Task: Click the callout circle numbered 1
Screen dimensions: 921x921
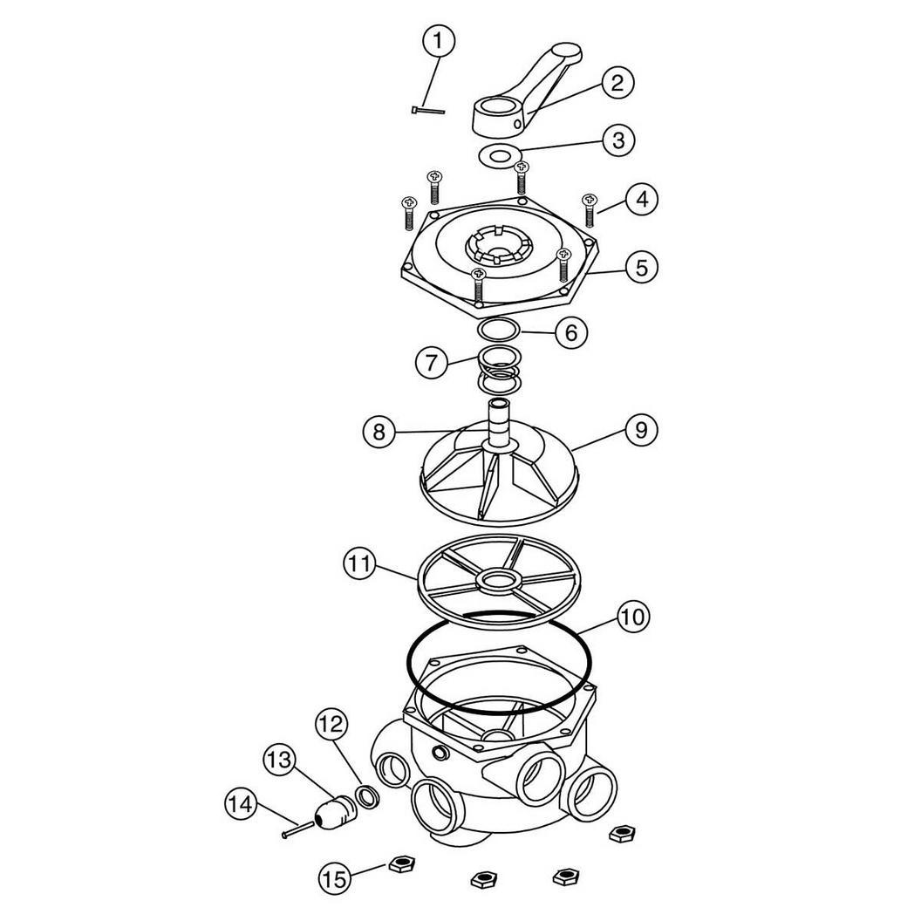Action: (438, 42)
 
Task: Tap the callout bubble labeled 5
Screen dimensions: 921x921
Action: (641, 268)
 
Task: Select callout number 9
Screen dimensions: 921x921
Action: (641, 431)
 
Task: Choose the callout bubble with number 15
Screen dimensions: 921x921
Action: (335, 879)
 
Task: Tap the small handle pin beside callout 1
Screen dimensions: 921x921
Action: (428, 110)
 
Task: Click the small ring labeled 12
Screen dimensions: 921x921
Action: (368, 795)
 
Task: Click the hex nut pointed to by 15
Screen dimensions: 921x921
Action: (402, 864)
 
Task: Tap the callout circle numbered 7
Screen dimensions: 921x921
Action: (432, 363)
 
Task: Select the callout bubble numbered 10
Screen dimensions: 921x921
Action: (633, 617)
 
